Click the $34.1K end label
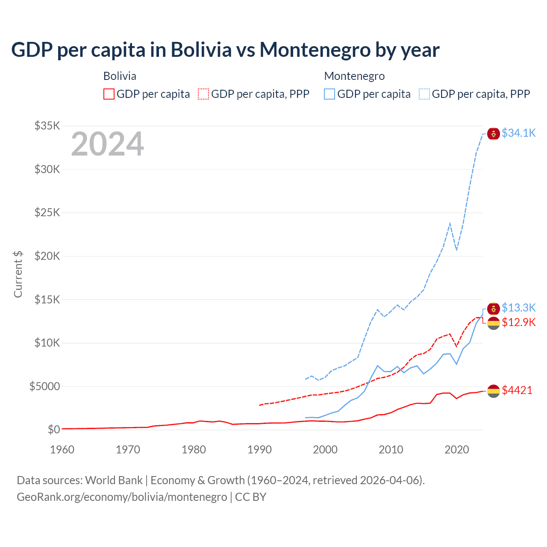pyautogui.click(x=518, y=133)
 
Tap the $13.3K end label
pyautogui.click(x=518, y=308)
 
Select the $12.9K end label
pyautogui.click(x=518, y=322)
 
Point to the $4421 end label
pyautogui.click(x=517, y=390)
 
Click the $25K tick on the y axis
pyautogui.click(x=47, y=212)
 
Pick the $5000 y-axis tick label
pyautogui.click(x=44, y=386)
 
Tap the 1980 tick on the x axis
pyautogui.click(x=194, y=450)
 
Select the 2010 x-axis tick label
pyautogui.click(x=391, y=450)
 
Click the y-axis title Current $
pyautogui.click(x=18, y=274)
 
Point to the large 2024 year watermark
pyautogui.click(x=108, y=144)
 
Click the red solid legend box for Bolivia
pyautogui.click(x=109, y=94)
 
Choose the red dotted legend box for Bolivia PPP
pyautogui.click(x=203, y=94)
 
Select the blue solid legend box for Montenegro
pyautogui.click(x=329, y=94)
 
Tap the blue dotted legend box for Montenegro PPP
pyautogui.click(x=424, y=94)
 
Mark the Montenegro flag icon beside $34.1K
pyautogui.click(x=494, y=133)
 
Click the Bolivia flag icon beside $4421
pyautogui.click(x=494, y=391)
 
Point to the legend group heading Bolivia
pyautogui.click(x=120, y=76)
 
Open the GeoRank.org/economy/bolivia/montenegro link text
pyautogui.click(x=122, y=497)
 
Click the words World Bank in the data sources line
pyautogui.click(x=114, y=480)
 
